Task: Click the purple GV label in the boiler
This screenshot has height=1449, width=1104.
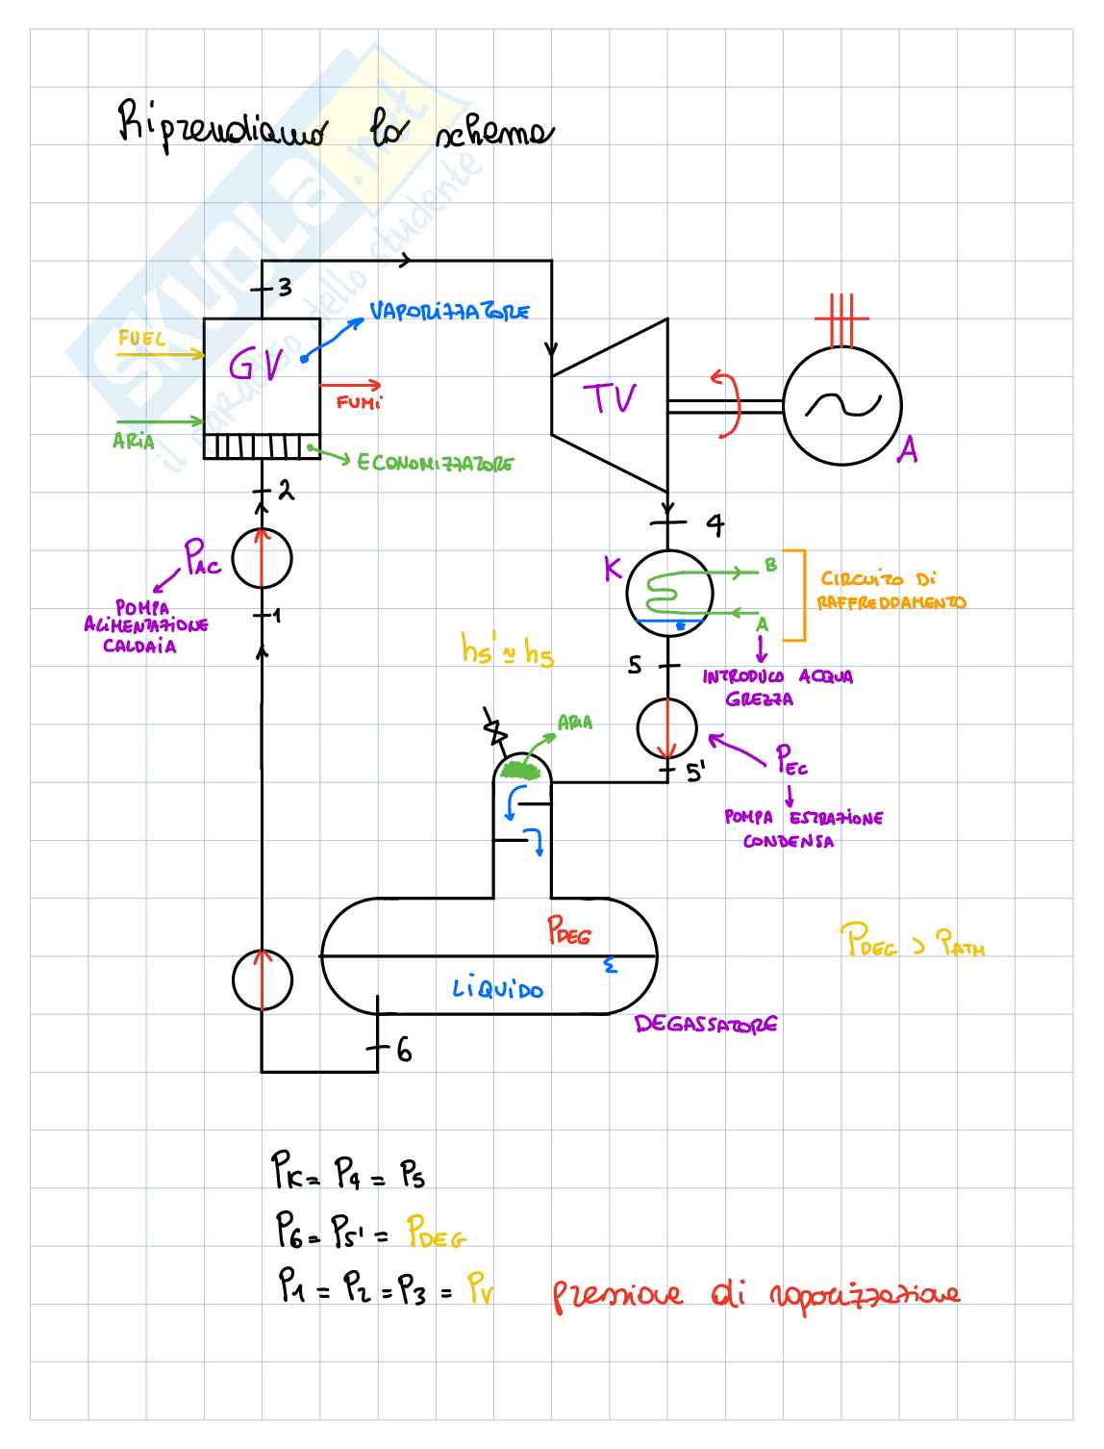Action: [256, 365]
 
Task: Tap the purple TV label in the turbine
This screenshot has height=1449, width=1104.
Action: [611, 398]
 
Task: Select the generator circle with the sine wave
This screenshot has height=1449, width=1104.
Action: [842, 406]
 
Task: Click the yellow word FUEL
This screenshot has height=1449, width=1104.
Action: [141, 339]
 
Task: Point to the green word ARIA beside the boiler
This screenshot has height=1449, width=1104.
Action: [133, 441]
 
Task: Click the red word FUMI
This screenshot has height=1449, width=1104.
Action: [359, 402]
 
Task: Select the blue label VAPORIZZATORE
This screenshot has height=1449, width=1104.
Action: [449, 312]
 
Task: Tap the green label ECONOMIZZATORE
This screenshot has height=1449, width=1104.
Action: [435, 464]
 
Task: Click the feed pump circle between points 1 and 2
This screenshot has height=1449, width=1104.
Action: [262, 558]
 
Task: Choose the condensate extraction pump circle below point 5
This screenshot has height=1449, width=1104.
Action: [666, 727]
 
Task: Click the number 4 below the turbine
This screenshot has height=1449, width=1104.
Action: [715, 524]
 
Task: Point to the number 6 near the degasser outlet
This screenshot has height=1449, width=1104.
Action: [404, 1051]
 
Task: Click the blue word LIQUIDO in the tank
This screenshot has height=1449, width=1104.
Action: [497, 988]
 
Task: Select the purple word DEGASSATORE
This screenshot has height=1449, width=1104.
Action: [705, 1025]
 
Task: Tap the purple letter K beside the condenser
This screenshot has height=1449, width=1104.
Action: [613, 569]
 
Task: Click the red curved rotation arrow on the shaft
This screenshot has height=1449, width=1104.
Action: [728, 404]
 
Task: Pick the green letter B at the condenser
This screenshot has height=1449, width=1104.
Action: [770, 565]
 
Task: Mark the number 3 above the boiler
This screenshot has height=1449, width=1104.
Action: [284, 287]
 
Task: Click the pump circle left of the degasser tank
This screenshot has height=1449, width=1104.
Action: [262, 979]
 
